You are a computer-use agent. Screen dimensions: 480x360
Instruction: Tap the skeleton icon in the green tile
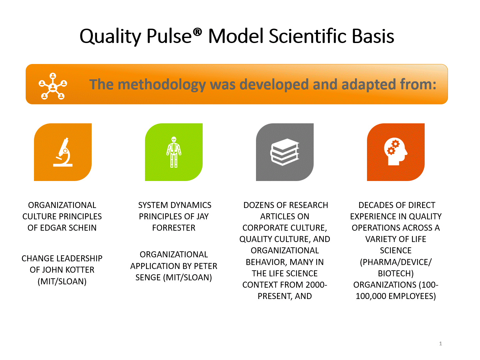tap(174, 152)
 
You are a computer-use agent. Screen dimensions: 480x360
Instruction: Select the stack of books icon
tap(285, 152)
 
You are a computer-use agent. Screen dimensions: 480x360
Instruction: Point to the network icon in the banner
tap(53, 86)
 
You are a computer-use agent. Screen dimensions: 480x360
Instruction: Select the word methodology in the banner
tap(162, 85)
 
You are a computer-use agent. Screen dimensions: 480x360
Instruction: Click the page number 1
tap(440, 344)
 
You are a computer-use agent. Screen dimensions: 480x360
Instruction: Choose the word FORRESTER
tap(174, 228)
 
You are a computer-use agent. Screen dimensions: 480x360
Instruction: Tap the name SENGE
tap(148, 277)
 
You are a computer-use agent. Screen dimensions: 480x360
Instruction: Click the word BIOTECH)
tap(396, 273)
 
